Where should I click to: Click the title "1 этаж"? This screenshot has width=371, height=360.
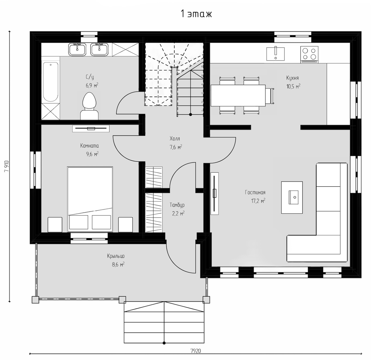(x=196, y=14)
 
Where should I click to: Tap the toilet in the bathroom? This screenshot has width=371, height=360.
(x=89, y=106)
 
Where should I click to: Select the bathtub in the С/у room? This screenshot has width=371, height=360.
(x=50, y=82)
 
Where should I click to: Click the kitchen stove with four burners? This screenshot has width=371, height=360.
(x=309, y=54)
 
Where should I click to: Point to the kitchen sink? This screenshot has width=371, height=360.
(x=275, y=54)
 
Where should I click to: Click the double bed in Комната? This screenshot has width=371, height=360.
(x=90, y=199)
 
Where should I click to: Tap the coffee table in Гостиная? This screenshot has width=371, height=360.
(x=292, y=197)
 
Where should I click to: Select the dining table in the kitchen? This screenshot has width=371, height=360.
(x=238, y=95)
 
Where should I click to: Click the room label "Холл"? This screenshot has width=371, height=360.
(x=175, y=138)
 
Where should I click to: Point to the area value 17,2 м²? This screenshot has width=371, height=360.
(x=258, y=201)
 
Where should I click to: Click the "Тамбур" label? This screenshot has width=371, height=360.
(x=177, y=205)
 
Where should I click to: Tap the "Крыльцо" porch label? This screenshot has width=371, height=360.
(x=116, y=256)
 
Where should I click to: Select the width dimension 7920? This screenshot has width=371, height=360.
(x=196, y=351)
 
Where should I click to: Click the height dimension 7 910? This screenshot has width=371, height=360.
(x=7, y=166)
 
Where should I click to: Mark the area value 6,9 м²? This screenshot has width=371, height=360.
(x=92, y=85)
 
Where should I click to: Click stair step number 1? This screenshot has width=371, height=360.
(x=202, y=111)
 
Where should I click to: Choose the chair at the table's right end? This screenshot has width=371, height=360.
(x=270, y=96)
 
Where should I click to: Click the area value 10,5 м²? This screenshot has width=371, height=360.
(x=293, y=86)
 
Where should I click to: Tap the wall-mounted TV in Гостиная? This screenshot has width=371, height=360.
(x=215, y=193)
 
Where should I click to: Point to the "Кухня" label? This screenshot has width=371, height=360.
(x=292, y=78)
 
